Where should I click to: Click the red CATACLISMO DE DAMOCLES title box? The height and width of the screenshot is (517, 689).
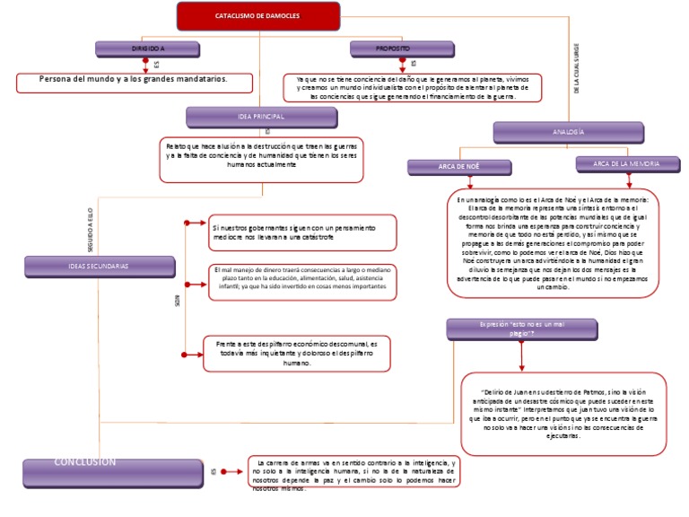tap(244, 16)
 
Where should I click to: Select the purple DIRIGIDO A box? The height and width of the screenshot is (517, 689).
tap(148, 48)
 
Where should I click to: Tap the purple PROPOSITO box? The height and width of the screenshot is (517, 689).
tap(394, 48)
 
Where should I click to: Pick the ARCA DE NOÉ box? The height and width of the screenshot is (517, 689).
tap(459, 167)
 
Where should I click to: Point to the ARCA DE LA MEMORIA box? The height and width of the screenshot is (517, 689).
tap(625, 164)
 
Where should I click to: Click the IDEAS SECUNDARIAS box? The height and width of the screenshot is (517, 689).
tap(98, 267)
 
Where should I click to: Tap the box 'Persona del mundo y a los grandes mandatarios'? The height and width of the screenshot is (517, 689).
tap(134, 81)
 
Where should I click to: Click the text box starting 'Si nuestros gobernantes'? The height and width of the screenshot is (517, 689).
tap(301, 232)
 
